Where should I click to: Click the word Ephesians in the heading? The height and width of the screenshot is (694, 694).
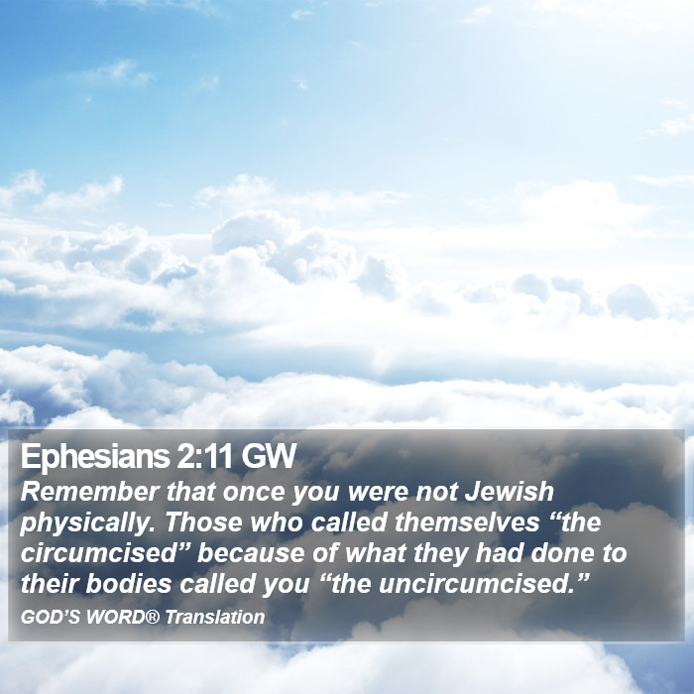coord(95,458)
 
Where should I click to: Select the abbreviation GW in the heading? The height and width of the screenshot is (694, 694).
coord(268,456)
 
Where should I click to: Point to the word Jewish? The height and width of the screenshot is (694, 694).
coord(509,492)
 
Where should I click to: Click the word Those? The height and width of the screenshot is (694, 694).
coord(203,522)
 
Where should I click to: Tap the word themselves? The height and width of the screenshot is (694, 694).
coord(467,522)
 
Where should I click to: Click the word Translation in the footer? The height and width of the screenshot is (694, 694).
coord(215,617)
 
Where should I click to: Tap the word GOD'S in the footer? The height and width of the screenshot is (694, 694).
coord(50,617)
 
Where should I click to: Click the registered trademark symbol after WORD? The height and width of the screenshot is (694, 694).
coord(152,616)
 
